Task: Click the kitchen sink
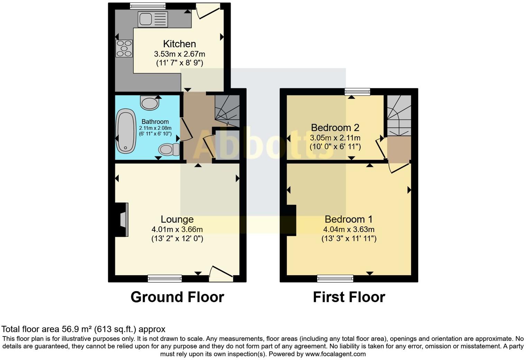153,19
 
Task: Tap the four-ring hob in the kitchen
124,48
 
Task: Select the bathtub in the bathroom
126,131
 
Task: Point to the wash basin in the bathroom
149,103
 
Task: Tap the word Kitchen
179,44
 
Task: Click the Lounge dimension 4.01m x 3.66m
177,229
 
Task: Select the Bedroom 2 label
335,127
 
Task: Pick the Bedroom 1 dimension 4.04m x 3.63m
349,229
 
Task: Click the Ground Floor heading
177,297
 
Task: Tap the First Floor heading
349,297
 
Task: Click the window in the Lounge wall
165,278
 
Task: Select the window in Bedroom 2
357,92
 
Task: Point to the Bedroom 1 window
335,278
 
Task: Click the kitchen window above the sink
148,6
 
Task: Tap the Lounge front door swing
221,272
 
